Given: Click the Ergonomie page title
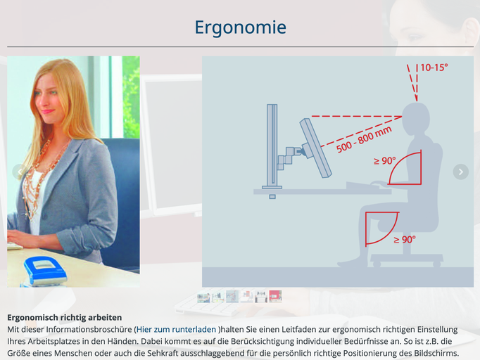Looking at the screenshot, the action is click(x=240, y=27).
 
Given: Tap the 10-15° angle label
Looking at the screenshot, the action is click(x=434, y=67).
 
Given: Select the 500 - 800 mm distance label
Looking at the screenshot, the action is click(x=364, y=139).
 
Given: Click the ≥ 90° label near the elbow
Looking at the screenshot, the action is click(x=385, y=160).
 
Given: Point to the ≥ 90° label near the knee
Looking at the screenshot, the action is click(x=405, y=239).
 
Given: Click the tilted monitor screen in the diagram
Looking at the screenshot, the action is click(x=315, y=148).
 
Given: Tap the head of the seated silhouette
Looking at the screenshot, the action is click(x=416, y=120).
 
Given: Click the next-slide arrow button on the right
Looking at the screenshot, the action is click(x=461, y=172).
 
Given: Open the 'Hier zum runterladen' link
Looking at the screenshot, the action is click(x=176, y=329).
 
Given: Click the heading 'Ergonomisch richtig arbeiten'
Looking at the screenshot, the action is click(x=65, y=318).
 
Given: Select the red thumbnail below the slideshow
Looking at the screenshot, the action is click(x=275, y=297).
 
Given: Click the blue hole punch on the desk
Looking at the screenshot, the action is click(x=45, y=271).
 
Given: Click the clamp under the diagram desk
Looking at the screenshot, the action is click(x=272, y=197).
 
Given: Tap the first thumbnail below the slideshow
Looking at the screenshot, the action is click(x=203, y=297).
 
